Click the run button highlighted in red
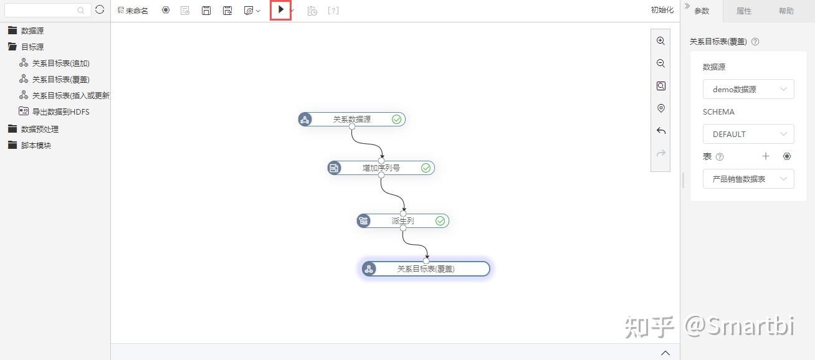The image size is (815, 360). [x=281, y=10]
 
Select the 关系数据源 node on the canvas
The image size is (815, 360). [x=351, y=119]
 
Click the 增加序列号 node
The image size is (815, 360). [x=381, y=168]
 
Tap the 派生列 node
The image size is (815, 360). [x=403, y=220]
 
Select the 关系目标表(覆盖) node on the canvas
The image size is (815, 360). [x=426, y=268]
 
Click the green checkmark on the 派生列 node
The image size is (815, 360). [x=441, y=220]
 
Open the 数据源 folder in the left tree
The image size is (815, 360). [x=32, y=31]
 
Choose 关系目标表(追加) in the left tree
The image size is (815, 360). [x=60, y=63]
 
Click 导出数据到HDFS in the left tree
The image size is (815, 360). [x=60, y=111]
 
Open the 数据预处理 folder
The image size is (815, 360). [x=39, y=129]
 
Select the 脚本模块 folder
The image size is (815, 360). [x=36, y=145]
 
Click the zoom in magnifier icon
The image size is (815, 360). [x=660, y=41]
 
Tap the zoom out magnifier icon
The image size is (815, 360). [x=660, y=64]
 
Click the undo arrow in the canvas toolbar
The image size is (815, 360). [x=660, y=131]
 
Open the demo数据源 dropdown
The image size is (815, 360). [x=748, y=89]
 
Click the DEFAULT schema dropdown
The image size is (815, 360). [x=748, y=134]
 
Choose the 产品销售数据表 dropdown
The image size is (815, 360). [x=748, y=179]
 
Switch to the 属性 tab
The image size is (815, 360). [x=743, y=11]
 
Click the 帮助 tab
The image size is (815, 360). [x=786, y=11]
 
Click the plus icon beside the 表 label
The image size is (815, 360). [x=766, y=156]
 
